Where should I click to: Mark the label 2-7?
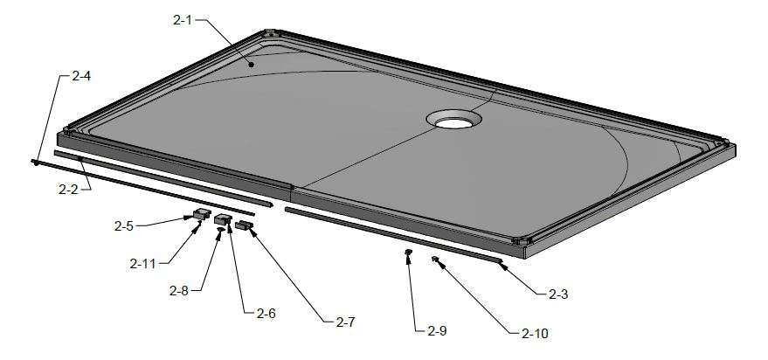click(345, 322)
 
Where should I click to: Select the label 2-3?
click(559, 294)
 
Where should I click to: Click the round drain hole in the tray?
click(453, 119)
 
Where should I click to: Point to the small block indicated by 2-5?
click(201, 212)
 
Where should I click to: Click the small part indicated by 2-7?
click(243, 226)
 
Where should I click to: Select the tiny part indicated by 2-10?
click(434, 259)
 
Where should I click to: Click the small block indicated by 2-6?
click(224, 219)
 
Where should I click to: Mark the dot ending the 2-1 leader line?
click(252, 64)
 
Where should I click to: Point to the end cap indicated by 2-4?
click(34, 162)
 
